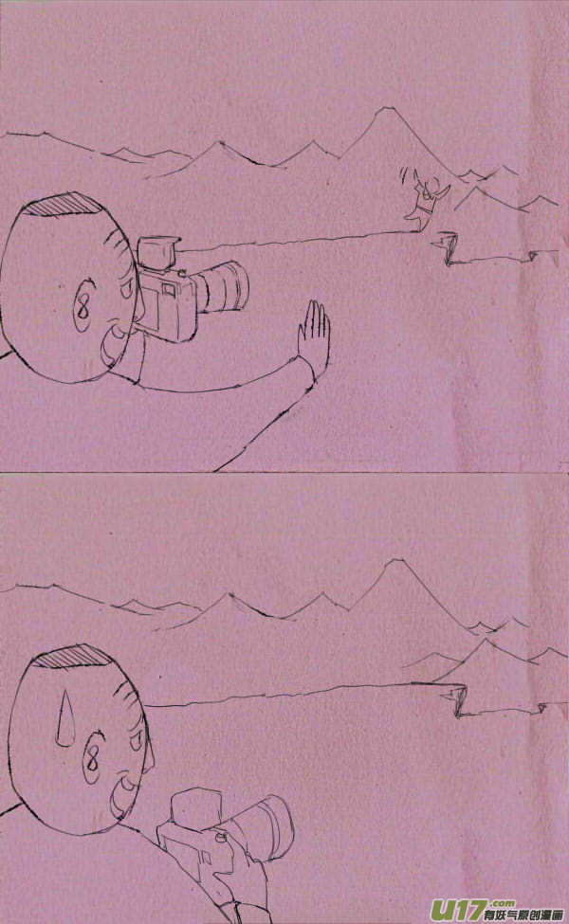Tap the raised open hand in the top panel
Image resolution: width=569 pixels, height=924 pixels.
[x=312, y=333]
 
